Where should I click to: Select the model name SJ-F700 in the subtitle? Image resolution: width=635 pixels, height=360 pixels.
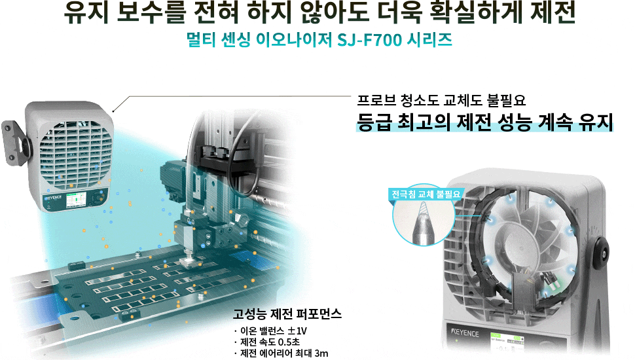368,39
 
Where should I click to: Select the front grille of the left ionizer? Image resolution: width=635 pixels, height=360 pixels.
72,153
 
